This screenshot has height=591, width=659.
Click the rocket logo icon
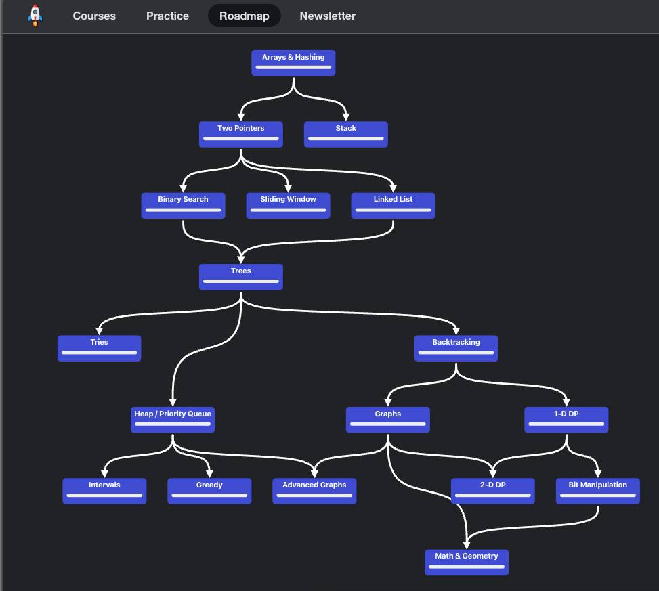click(x=35, y=16)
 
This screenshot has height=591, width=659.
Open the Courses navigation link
click(x=94, y=16)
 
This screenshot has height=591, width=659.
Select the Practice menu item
click(x=167, y=16)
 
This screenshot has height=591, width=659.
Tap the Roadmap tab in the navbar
click(x=245, y=16)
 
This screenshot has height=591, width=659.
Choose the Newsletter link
click(x=327, y=16)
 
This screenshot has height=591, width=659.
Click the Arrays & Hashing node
click(x=293, y=63)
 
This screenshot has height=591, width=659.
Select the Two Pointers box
click(x=241, y=135)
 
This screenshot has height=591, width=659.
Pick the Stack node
click(x=346, y=135)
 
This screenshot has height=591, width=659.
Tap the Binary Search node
click(x=184, y=205)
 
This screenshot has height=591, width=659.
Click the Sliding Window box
click(x=289, y=205)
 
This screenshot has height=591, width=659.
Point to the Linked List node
click(x=394, y=205)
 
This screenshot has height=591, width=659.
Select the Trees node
click(x=241, y=277)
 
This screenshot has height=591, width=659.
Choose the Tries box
click(x=99, y=348)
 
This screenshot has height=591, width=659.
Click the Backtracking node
click(x=456, y=348)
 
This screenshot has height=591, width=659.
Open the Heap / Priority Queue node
click(x=173, y=420)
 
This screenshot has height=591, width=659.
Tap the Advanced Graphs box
click(x=314, y=491)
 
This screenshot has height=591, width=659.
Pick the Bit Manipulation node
click(x=598, y=491)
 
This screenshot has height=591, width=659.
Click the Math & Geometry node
click(x=467, y=563)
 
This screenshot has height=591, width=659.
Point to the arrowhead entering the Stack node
click(x=346, y=117)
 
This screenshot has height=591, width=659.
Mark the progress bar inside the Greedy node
click(x=209, y=496)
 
